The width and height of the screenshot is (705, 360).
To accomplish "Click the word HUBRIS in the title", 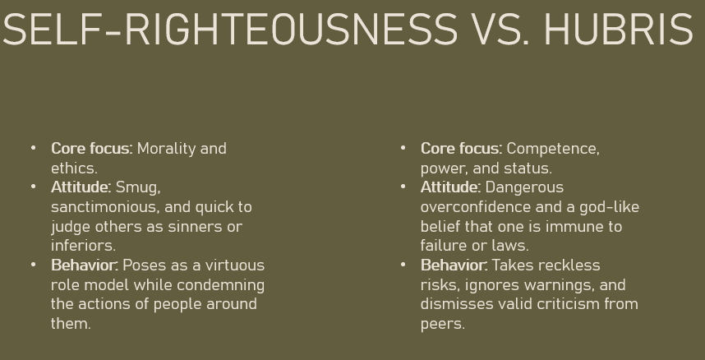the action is [x=619, y=30].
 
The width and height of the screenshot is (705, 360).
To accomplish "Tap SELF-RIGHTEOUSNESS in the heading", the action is [x=230, y=30].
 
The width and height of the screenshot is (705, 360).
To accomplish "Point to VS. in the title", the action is [x=501, y=30].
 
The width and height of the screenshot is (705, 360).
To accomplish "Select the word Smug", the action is [x=138, y=187].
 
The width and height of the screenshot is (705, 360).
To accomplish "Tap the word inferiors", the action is [x=83, y=246].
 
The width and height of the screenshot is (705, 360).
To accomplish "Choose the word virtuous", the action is [x=235, y=265].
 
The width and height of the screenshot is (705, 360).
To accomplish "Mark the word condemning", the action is [x=221, y=285].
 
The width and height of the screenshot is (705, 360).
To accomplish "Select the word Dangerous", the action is [x=524, y=188].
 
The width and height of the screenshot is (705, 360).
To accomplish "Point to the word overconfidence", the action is [x=476, y=207].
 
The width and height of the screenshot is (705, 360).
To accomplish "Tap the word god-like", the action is [x=609, y=207].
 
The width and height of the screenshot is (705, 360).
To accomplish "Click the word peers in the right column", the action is [x=442, y=325].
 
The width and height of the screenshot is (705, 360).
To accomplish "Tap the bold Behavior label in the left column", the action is [x=85, y=265].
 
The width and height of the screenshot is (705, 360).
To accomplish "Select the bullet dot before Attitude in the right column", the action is [x=403, y=187].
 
